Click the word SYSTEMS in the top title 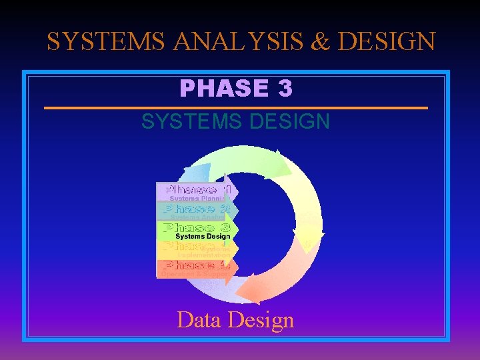click(x=106, y=41)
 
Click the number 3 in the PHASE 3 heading click(x=285, y=87)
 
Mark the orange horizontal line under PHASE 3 click(x=235, y=107)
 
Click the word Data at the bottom click(x=199, y=320)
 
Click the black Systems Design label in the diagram click(x=202, y=236)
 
